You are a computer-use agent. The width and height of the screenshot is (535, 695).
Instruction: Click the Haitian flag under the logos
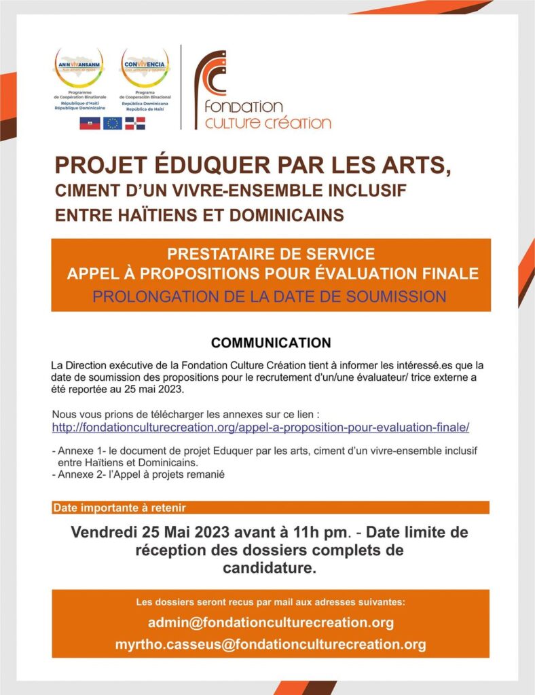(x=90, y=123)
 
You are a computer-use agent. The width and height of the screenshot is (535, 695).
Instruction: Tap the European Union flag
(x=113, y=123)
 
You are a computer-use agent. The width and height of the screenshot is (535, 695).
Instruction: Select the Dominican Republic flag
(x=134, y=123)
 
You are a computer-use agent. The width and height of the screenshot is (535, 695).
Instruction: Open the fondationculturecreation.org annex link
(x=261, y=428)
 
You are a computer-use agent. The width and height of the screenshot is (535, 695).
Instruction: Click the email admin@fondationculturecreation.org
(x=270, y=622)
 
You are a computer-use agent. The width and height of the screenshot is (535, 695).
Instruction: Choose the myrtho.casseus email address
(x=270, y=644)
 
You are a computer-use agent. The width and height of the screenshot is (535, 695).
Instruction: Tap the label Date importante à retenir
(x=119, y=508)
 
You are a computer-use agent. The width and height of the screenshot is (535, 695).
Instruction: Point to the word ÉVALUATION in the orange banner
(x=395, y=274)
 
